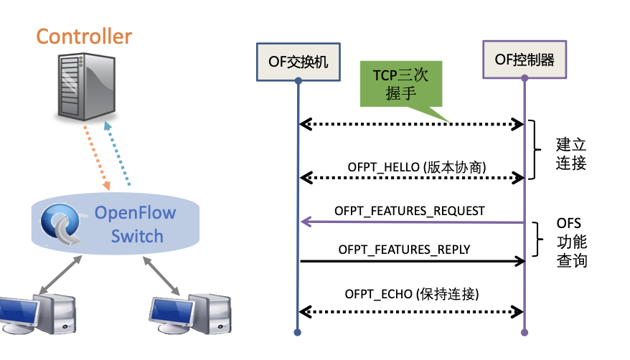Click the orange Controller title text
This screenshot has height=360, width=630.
pyautogui.click(x=84, y=36)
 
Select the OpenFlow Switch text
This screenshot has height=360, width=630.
pyautogui.click(x=136, y=224)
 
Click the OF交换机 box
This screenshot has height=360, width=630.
pyautogui.click(x=298, y=61)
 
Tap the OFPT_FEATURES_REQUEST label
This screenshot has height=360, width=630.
pyautogui.click(x=410, y=211)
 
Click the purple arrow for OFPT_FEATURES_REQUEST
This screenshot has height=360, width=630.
pyautogui.click(x=412, y=222)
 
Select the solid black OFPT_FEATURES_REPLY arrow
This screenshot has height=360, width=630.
pyautogui.click(x=412, y=262)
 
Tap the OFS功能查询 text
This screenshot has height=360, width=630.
pyautogui.click(x=571, y=242)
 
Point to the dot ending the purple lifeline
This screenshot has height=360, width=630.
pyautogui.click(x=525, y=332)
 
